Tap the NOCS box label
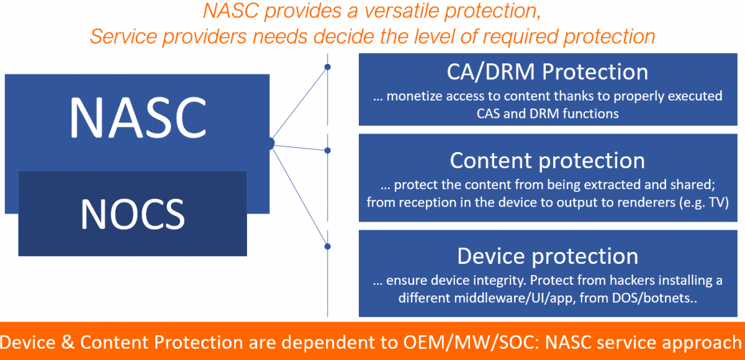132,214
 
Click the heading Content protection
547,161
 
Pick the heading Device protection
547,256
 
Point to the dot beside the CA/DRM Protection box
328,67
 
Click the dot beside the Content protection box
328,150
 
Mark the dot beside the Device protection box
328,246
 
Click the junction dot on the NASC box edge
270,144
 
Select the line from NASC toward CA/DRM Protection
299,105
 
